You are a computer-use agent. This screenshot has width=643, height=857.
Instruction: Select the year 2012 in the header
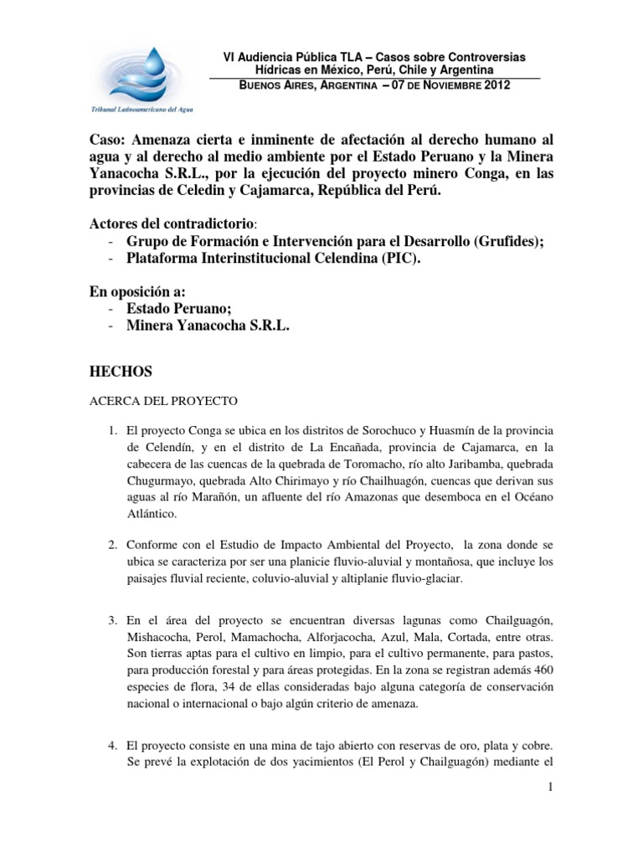point(495,85)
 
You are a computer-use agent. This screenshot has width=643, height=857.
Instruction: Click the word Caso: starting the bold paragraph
point(108,138)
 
